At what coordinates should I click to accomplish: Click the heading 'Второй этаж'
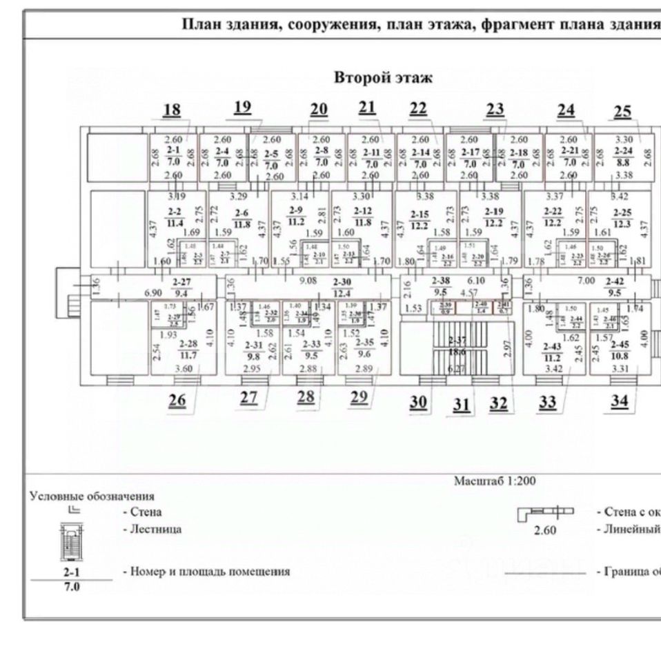384,78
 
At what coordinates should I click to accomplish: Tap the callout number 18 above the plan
171,110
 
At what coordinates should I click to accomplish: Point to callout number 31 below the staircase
462,405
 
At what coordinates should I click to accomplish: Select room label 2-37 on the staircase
457,340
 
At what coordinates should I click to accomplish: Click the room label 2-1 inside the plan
172,151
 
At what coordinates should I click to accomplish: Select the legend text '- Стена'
142,512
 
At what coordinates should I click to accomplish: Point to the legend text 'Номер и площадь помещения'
206,572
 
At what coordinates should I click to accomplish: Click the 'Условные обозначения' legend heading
92,496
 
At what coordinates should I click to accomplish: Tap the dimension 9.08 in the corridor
306,281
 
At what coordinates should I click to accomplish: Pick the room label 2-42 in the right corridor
614,282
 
